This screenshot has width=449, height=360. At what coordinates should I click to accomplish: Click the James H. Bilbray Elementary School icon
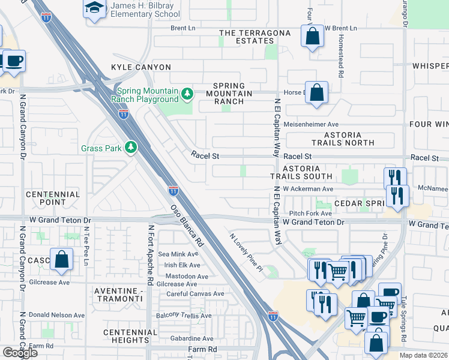(94, 9)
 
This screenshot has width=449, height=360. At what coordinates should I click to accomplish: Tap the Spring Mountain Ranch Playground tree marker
(187, 93)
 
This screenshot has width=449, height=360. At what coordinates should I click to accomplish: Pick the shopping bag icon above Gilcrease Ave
(61, 259)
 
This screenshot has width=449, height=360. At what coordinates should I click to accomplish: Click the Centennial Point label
(53, 199)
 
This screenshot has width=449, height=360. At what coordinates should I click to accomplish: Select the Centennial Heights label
(126, 336)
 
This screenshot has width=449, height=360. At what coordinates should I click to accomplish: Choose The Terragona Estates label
(246, 37)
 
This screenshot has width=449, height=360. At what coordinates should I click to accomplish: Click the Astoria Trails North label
(343, 139)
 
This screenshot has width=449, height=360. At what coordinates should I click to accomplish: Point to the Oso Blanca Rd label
(186, 227)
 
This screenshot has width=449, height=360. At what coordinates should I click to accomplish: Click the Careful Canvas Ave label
(195, 294)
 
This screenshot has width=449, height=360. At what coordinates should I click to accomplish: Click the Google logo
(19, 353)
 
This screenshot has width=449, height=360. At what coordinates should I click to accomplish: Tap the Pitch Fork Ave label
(310, 213)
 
